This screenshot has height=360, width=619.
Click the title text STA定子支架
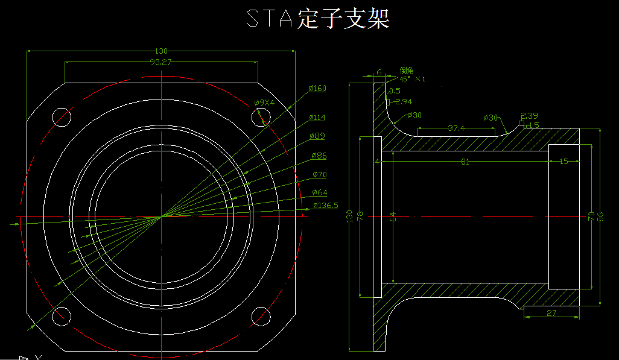coord(318,19)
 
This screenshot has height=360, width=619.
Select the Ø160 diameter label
coord(317,89)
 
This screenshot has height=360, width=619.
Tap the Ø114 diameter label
coord(317,117)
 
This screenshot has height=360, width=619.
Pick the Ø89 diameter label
coord(317,136)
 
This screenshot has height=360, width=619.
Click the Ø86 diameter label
coord(319,156)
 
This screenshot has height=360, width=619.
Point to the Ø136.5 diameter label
coord(325,206)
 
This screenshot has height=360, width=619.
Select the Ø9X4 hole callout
coord(264,103)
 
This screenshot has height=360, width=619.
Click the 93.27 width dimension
coord(160,62)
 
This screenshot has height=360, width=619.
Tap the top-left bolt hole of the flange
coord(61,116)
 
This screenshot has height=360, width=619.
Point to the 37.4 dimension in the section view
coord(456,128)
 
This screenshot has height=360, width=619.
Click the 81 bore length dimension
coord(465,162)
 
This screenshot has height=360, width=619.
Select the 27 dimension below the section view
coord(551,312)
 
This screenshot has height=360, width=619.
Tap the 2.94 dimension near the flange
coord(403,101)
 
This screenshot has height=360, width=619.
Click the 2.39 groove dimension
coord(529,115)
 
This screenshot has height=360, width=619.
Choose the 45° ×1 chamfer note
coord(412,79)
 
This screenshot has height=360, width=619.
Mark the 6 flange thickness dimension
coord(379,72)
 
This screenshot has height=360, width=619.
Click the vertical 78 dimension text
coord(361,216)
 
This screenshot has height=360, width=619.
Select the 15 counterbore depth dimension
coord(563,162)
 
